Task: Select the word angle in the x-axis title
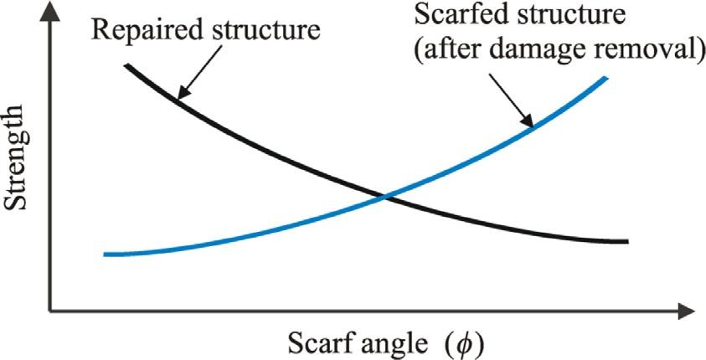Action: point(383,343)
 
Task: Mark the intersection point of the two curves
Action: point(385,198)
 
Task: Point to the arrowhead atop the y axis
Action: point(51,10)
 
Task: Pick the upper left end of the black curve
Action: point(126,64)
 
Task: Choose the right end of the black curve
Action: point(626,242)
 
